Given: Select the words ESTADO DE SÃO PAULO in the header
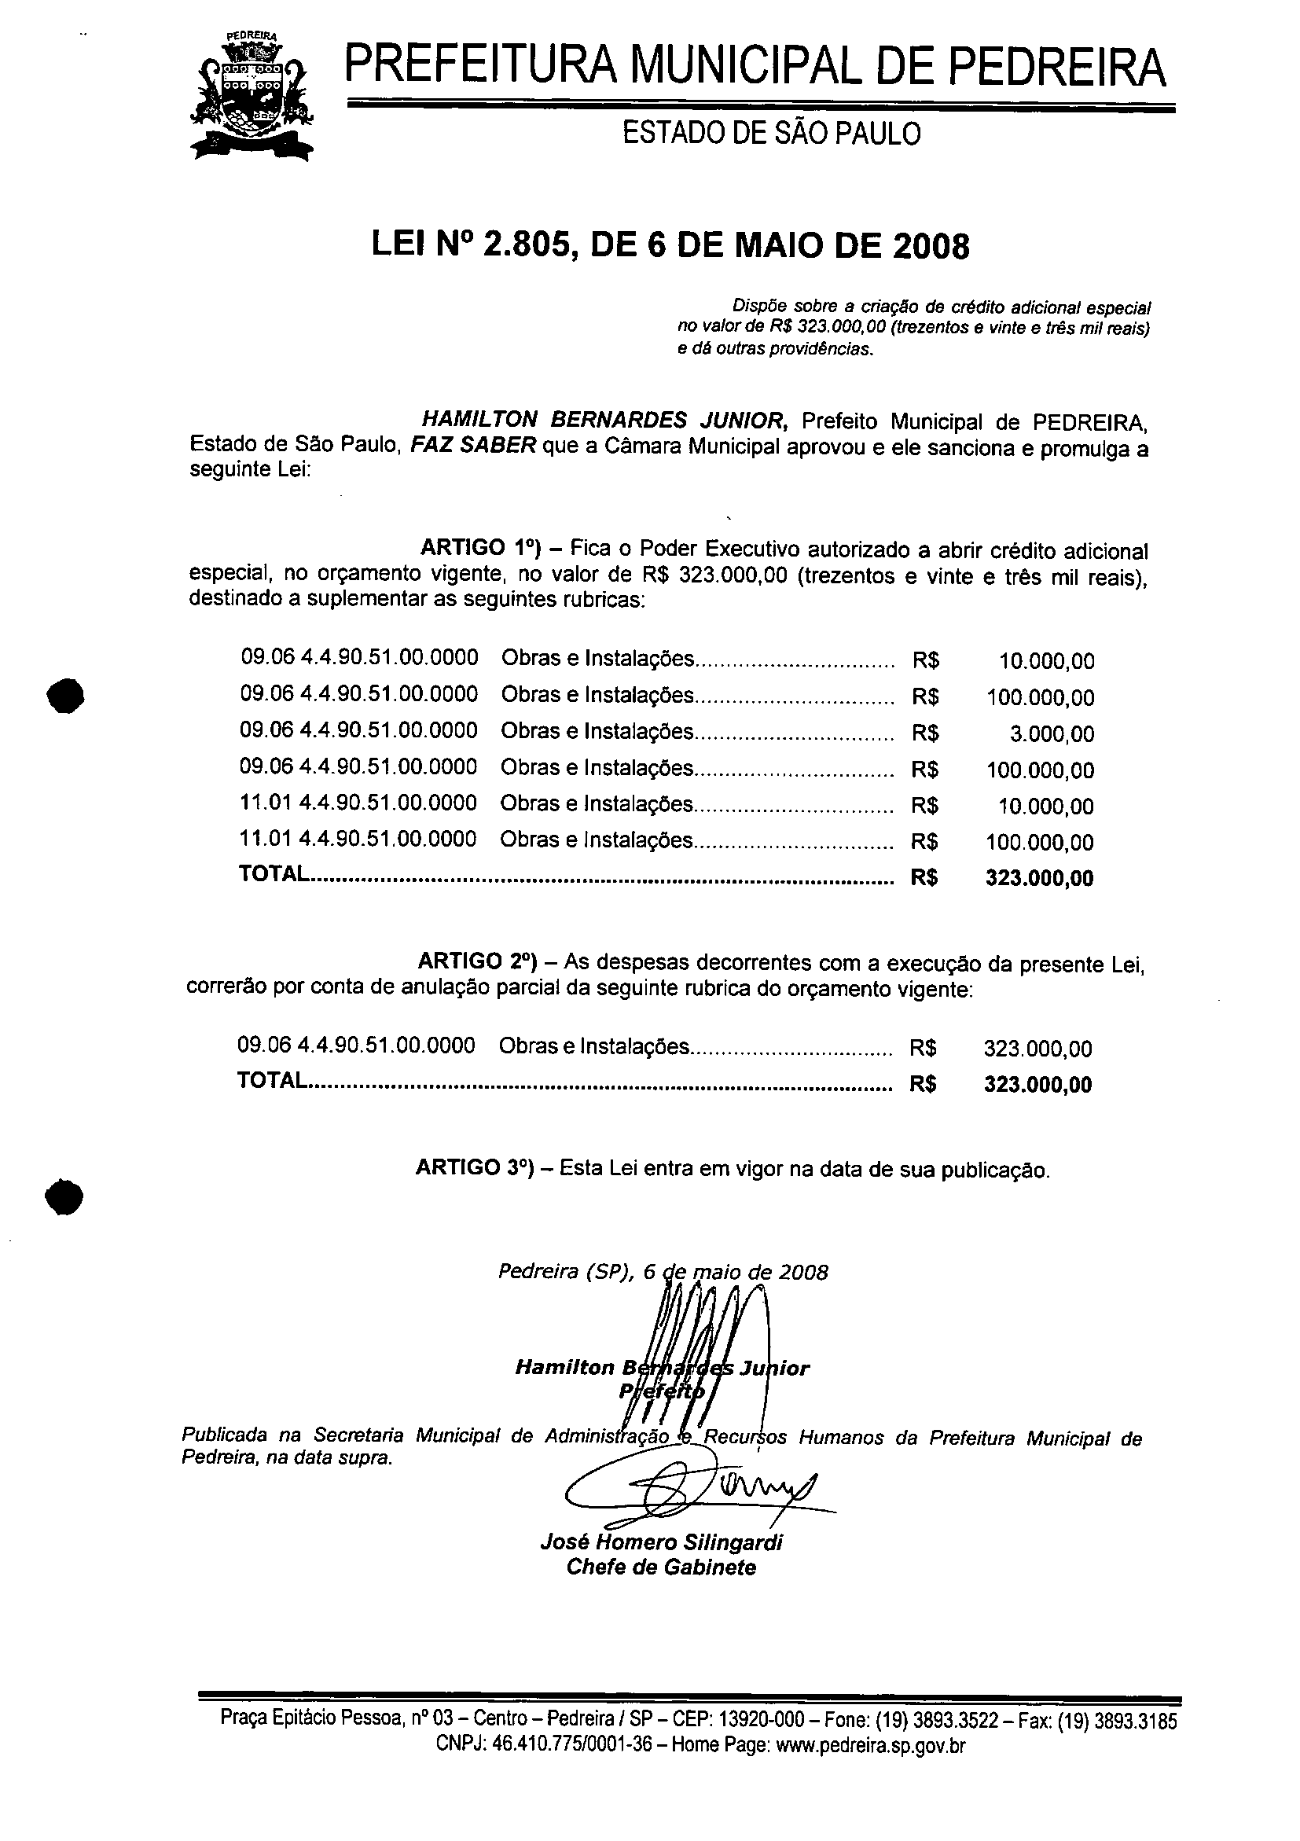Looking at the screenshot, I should coord(771,133).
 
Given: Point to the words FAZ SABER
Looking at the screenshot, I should coord(473,445).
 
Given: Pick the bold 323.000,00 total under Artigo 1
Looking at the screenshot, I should coord(1040,877).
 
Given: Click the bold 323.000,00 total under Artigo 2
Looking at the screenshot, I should coord(1038,1084).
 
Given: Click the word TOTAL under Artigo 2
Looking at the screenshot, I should coord(273,1080).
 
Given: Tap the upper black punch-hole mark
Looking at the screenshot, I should coord(65,694).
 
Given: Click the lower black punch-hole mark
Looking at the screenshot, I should coord(65,1198).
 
